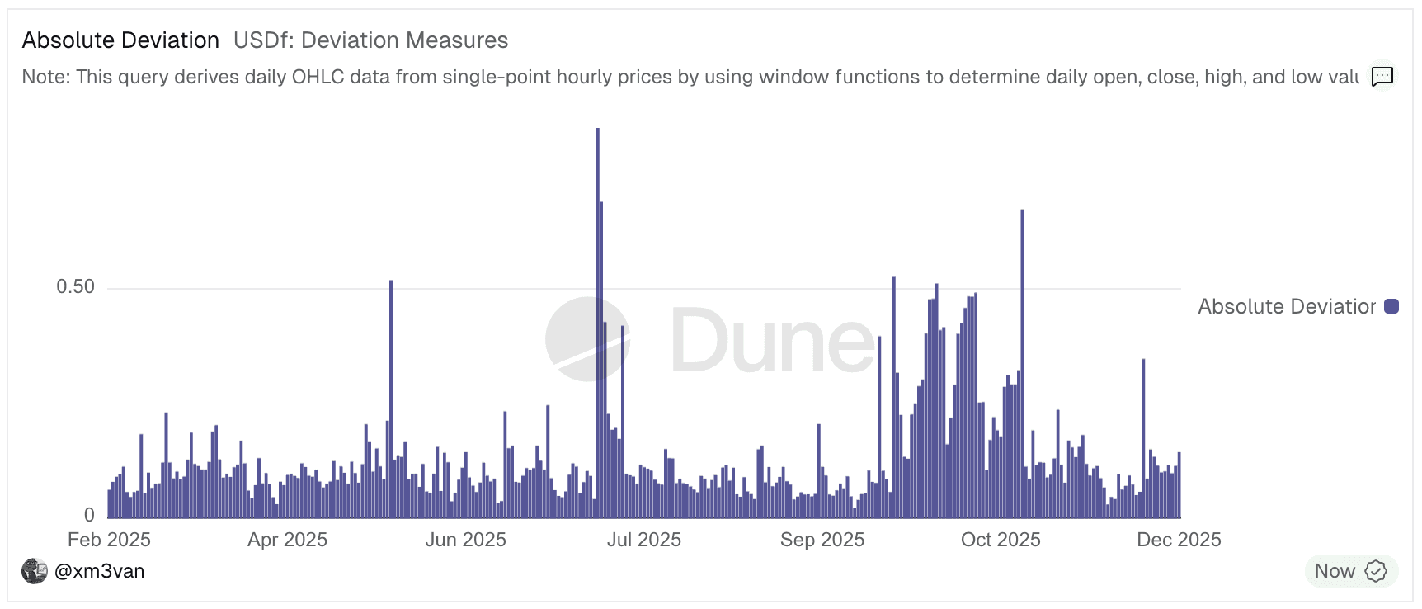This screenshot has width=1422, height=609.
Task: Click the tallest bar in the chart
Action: (598, 322)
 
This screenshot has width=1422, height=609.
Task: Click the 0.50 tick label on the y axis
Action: (75, 287)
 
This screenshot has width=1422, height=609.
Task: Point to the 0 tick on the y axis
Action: (89, 516)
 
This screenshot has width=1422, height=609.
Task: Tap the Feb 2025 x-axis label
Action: (109, 540)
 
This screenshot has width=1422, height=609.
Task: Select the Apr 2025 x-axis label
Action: (287, 540)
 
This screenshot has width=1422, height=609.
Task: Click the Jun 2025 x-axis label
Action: (465, 540)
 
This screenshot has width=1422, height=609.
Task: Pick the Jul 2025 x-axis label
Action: (643, 540)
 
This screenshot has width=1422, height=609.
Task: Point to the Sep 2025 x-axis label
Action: (822, 540)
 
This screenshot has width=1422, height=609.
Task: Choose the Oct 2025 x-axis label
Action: (1001, 540)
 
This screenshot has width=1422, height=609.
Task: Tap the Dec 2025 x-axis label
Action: (1179, 540)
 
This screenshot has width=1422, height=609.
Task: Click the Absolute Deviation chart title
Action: (120, 40)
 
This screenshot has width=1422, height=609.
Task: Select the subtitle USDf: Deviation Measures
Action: (370, 40)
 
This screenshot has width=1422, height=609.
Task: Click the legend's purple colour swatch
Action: (1391, 306)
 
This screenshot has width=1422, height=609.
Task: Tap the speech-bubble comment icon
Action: (1382, 77)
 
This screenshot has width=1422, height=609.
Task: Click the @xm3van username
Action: (99, 571)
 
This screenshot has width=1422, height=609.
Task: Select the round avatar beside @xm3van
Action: (35, 571)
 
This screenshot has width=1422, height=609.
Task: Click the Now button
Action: (1351, 571)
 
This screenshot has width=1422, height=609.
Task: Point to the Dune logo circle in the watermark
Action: (587, 339)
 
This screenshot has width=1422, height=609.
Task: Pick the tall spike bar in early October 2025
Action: (1022, 363)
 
